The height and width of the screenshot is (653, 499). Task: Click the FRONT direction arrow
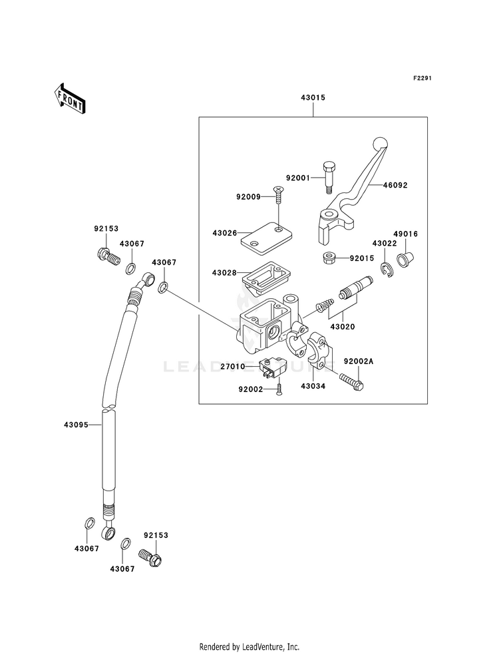pyautogui.click(x=69, y=99)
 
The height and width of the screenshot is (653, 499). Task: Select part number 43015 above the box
pyautogui.click(x=313, y=98)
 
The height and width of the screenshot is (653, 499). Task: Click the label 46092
pyautogui.click(x=395, y=185)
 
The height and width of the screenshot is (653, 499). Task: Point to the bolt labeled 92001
pyautogui.click(x=327, y=177)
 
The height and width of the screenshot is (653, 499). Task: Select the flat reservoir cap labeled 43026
pyautogui.click(x=266, y=238)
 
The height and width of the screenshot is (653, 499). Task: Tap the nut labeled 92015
pyautogui.click(x=329, y=258)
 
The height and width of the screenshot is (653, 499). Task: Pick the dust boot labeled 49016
pyautogui.click(x=405, y=259)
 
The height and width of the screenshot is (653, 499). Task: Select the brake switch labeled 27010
pyautogui.click(x=273, y=365)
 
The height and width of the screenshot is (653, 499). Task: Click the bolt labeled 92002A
pyautogui.click(x=352, y=381)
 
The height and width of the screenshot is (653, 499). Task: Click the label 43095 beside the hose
pyautogui.click(x=76, y=425)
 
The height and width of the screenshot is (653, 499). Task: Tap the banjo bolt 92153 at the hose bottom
pyautogui.click(x=150, y=558)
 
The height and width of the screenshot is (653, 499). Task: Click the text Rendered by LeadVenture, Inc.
pyautogui.click(x=249, y=646)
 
